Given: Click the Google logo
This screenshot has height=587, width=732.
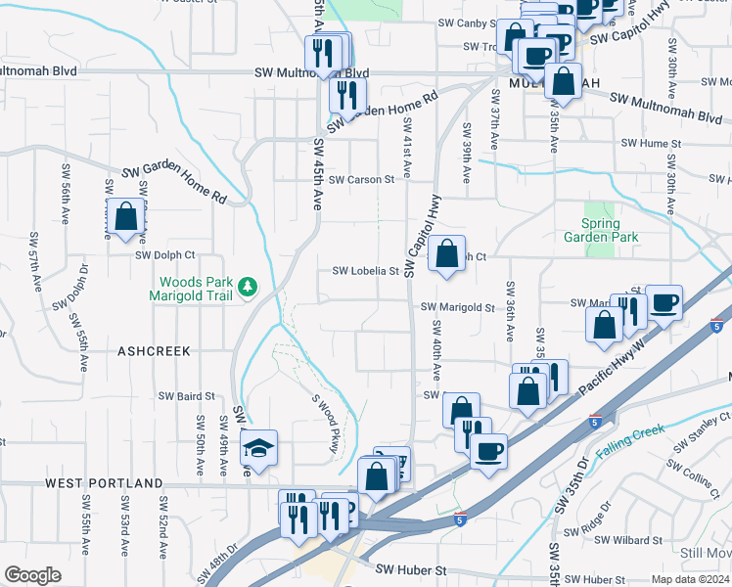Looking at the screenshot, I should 32,575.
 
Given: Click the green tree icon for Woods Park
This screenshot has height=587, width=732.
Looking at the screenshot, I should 249,286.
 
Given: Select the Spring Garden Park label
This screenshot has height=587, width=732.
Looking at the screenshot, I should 602,230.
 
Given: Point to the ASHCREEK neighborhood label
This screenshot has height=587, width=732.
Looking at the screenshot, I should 152,349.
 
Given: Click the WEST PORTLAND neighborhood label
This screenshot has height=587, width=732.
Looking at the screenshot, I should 104,483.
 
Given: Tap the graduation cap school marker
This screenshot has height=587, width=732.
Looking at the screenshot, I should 258,447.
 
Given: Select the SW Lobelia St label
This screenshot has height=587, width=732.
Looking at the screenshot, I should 366,271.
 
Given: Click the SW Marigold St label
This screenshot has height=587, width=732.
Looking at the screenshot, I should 458,307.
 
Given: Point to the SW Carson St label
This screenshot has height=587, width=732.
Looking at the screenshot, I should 361,180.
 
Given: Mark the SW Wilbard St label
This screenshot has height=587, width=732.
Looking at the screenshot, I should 632,540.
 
